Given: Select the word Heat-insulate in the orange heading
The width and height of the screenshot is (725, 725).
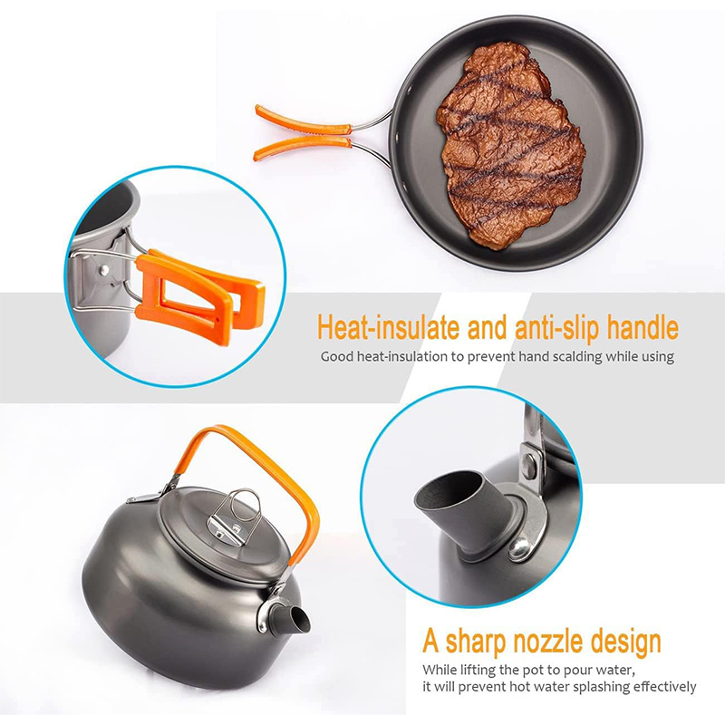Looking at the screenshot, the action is (x=389, y=327).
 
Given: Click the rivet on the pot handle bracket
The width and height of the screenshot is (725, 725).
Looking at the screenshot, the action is (x=105, y=268).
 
